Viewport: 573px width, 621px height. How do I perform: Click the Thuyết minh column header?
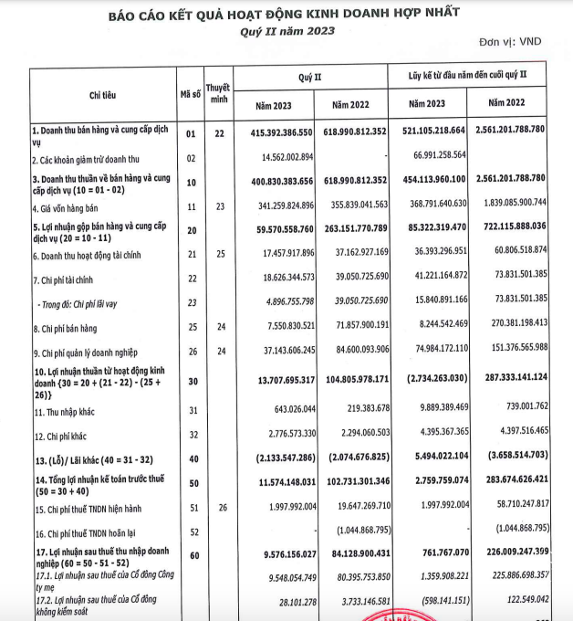click(x=219, y=93)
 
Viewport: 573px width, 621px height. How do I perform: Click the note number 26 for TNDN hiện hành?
click(x=219, y=504)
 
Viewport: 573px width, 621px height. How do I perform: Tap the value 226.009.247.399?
click(x=505, y=552)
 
